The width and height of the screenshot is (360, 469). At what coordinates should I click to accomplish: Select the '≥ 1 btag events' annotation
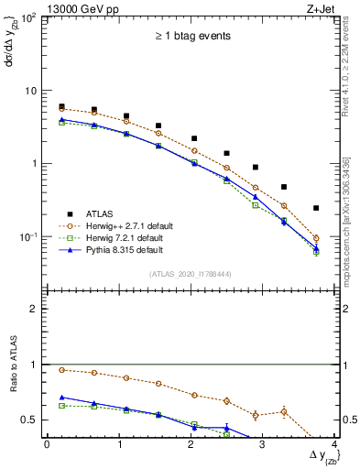(x=190, y=37)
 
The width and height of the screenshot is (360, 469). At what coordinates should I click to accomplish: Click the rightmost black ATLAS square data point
(x=316, y=208)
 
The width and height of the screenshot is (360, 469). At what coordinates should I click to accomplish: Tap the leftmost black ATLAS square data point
(x=61, y=107)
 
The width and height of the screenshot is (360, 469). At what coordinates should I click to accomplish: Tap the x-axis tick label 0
(x=47, y=443)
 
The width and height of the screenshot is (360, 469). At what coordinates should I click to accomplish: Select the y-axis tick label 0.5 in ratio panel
(x=32, y=420)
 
